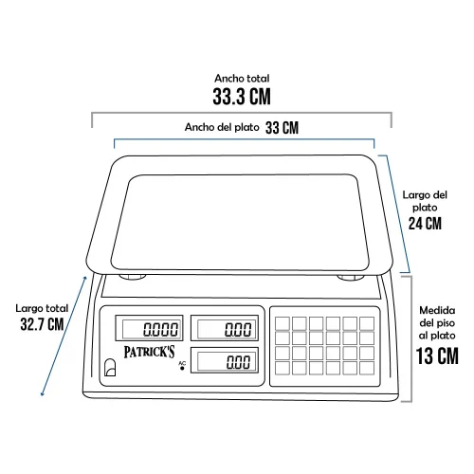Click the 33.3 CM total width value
242,97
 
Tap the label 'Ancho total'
242,78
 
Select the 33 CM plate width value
282,128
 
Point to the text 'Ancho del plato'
222,127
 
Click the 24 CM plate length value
425,224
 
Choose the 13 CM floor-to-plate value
437,355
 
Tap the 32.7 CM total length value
42,324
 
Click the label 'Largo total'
42,308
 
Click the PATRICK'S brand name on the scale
149,352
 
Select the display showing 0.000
149,328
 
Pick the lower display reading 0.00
225,360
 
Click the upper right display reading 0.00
225,328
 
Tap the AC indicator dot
182,368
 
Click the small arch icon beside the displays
110,367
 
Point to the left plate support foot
133,277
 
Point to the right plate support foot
351,278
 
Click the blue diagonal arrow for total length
64,336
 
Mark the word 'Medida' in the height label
437,310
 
